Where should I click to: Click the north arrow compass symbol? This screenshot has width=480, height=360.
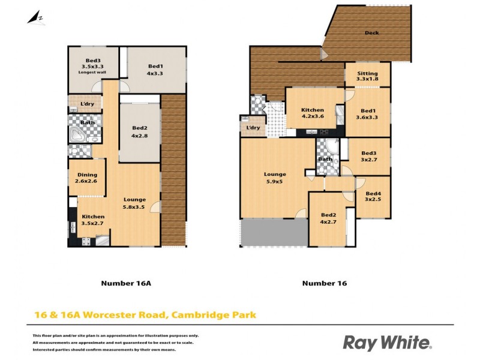(x=35, y=17)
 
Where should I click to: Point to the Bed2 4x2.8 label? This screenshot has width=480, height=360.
(x=140, y=131)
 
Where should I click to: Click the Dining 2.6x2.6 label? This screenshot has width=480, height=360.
(x=86, y=178)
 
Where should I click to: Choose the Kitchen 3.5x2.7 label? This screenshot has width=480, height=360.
(x=93, y=220)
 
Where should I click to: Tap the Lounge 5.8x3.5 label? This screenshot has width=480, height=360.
(x=134, y=203)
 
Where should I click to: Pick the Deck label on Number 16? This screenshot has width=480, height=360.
(x=372, y=33)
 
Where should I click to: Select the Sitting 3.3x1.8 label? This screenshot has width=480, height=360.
(x=367, y=77)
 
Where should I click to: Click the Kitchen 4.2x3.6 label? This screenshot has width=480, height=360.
(x=313, y=113)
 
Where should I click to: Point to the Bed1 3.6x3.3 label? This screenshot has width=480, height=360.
(x=368, y=113)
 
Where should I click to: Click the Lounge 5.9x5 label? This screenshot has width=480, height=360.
(x=275, y=178)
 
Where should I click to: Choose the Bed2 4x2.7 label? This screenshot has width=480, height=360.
(x=328, y=218)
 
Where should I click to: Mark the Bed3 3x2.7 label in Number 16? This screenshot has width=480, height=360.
(x=368, y=156)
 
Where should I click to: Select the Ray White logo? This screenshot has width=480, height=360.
(x=386, y=343)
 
